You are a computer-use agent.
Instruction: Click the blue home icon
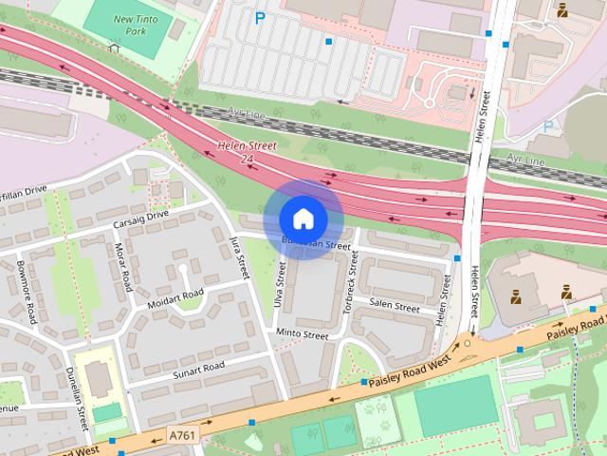[x=303, y=218]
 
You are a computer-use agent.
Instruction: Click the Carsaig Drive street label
[x=139, y=217]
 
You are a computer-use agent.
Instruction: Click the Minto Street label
[x=302, y=334]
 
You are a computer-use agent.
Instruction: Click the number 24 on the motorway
[x=247, y=158]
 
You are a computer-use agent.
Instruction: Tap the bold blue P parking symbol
[x=260, y=17]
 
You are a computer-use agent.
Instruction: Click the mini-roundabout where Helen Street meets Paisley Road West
[x=467, y=343]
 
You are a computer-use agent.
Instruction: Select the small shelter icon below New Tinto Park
[x=115, y=47]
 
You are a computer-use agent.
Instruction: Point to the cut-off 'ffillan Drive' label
[x=24, y=192]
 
